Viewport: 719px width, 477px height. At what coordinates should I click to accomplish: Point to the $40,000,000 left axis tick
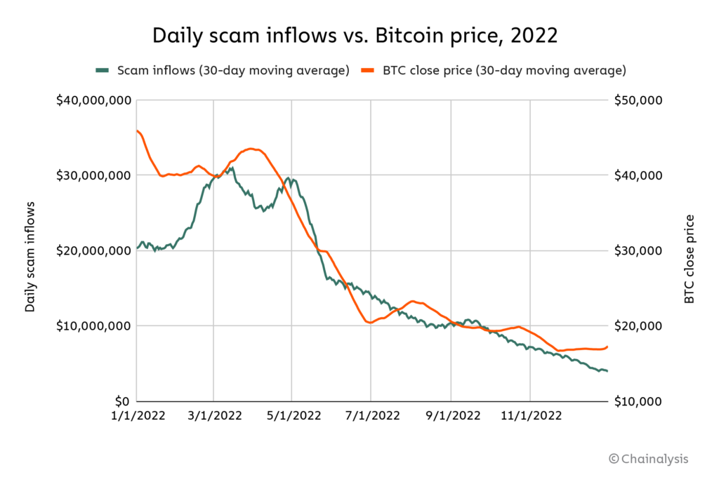[x=93, y=100]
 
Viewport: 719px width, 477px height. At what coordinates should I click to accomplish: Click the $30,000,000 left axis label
[x=93, y=175]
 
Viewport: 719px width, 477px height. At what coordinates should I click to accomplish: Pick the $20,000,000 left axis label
[x=93, y=250]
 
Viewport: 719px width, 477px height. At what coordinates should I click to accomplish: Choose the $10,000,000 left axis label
[x=93, y=325]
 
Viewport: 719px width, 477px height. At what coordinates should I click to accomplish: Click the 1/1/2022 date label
[x=137, y=416]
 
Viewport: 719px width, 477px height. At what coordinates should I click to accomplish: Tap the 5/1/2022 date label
[x=292, y=416]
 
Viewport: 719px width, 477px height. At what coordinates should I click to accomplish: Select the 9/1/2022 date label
[x=451, y=416]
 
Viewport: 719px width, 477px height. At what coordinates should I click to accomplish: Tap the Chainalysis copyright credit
[x=649, y=459]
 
